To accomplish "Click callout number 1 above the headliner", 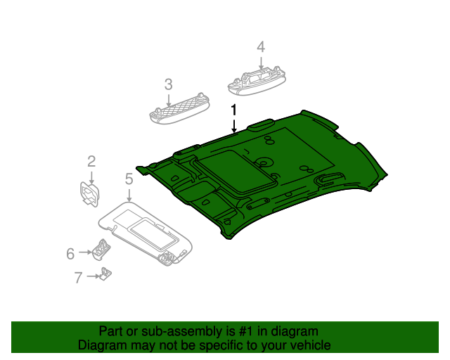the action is (x=234, y=110).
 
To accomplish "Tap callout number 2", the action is (x=91, y=161).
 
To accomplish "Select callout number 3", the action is (x=169, y=84).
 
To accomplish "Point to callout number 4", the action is (x=261, y=47).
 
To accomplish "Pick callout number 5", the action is (x=129, y=179).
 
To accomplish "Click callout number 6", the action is (x=70, y=254).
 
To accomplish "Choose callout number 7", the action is (x=78, y=278).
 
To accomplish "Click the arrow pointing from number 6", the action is (x=85, y=252).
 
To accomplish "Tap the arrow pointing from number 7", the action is (x=94, y=276).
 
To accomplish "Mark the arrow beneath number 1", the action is (x=234, y=126).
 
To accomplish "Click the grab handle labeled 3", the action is (x=179, y=109).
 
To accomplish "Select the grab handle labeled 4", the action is (x=257, y=81).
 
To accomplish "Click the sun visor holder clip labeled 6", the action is (x=101, y=250).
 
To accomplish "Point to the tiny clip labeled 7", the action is (x=105, y=274).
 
